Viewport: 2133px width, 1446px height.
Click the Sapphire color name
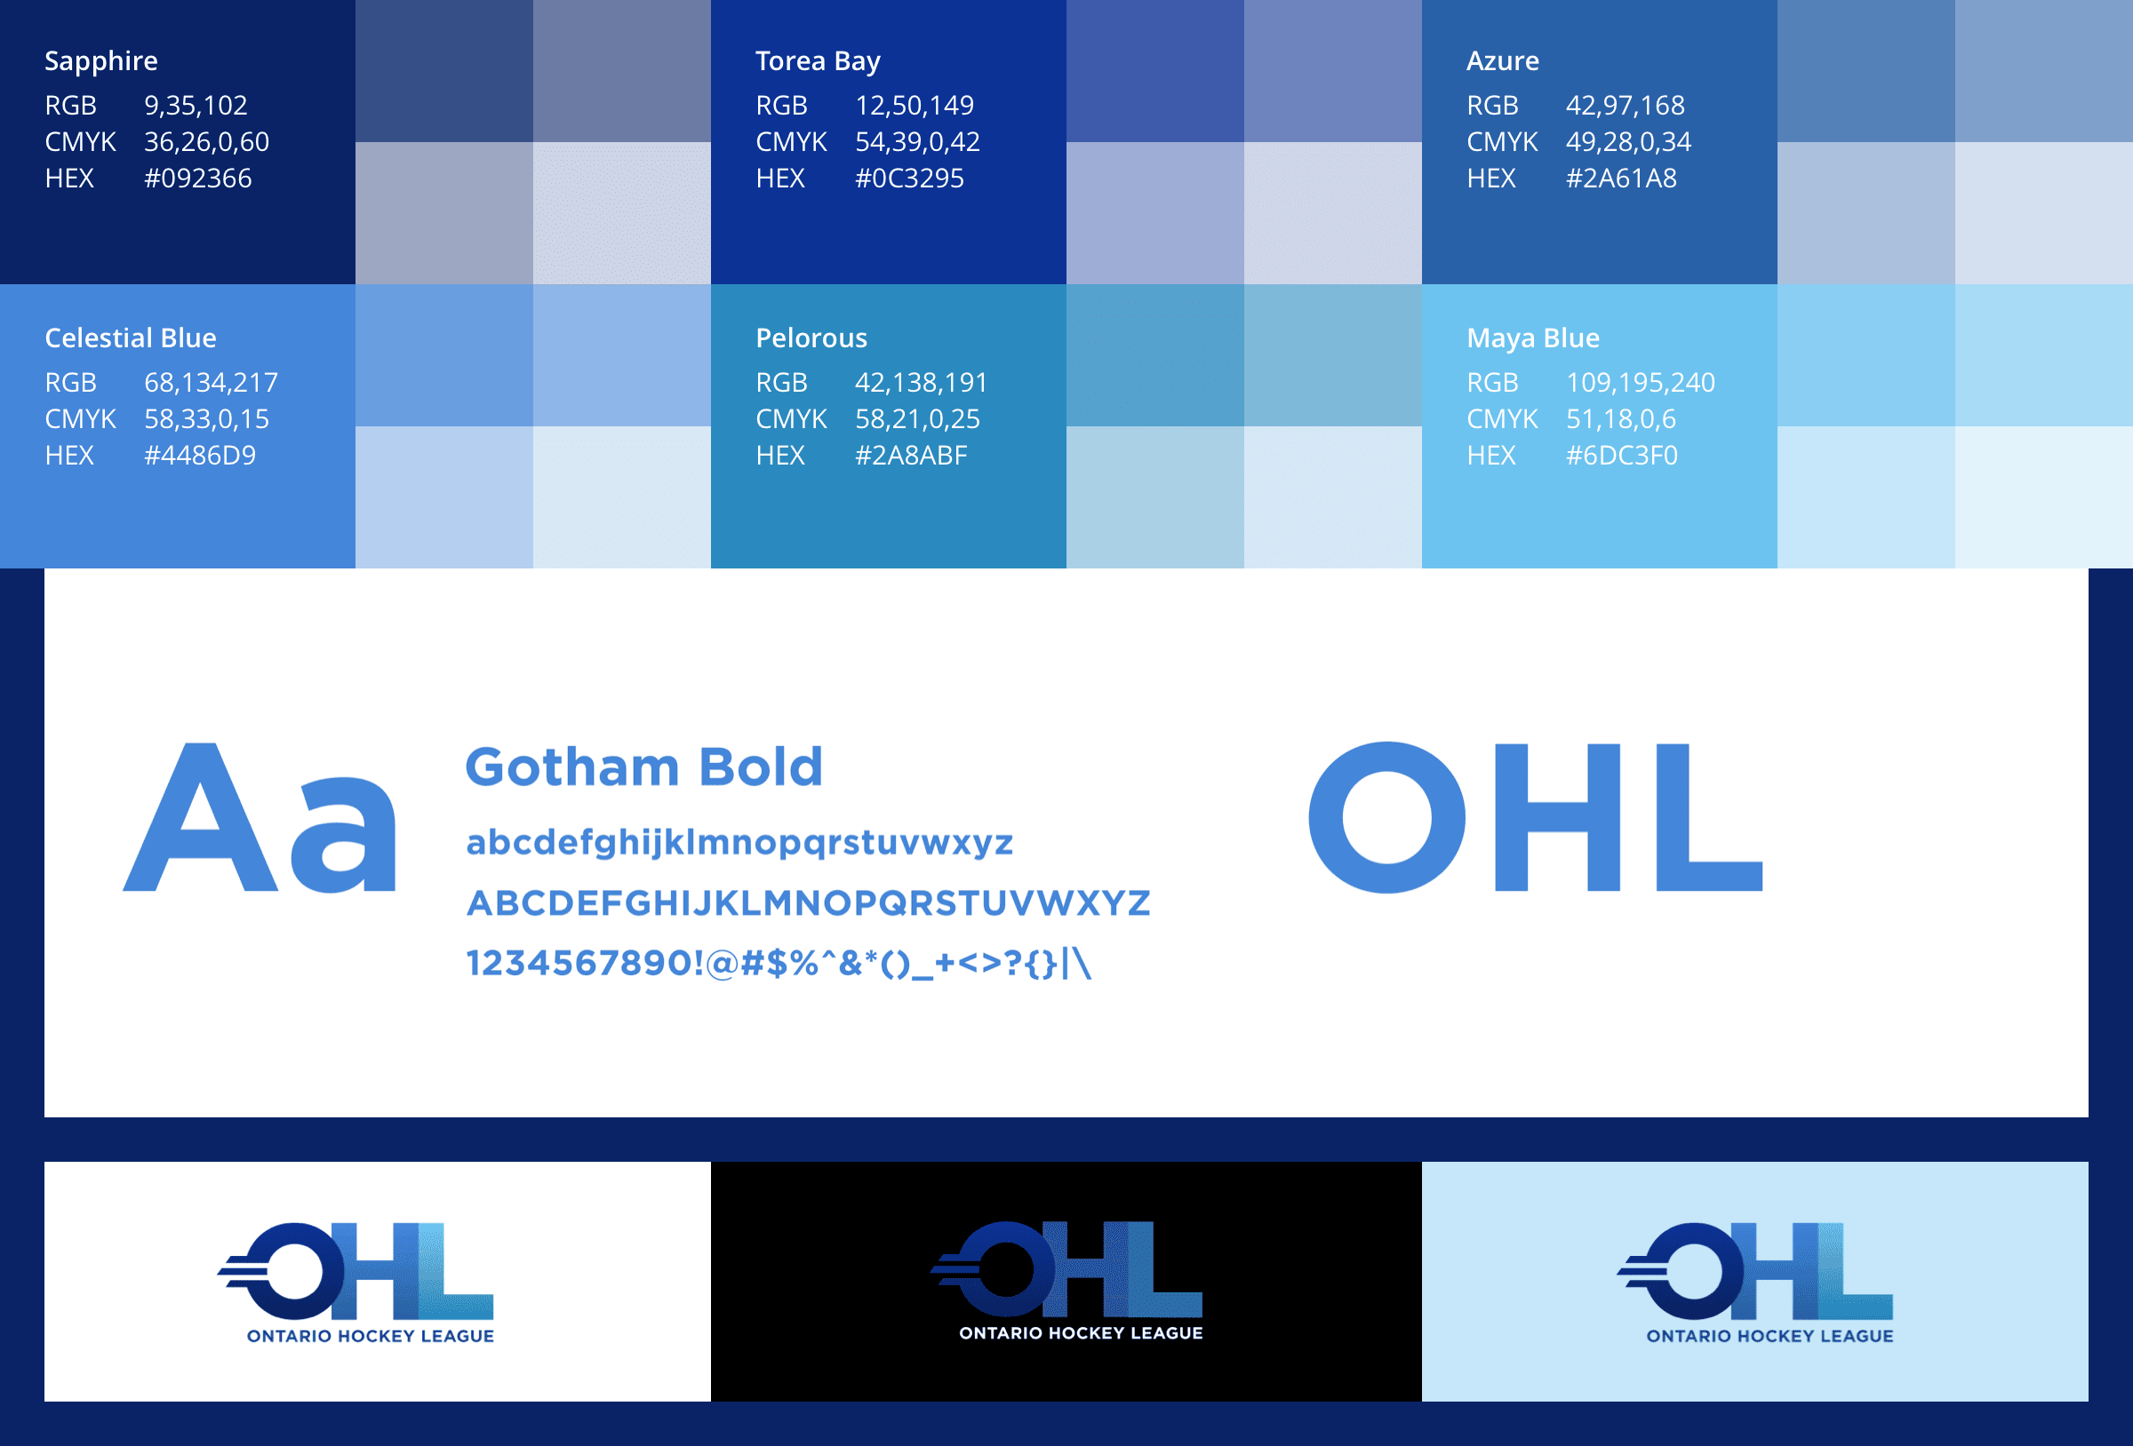tap(101, 60)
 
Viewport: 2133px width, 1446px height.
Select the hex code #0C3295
tap(909, 178)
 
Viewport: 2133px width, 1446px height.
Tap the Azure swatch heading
tap(1503, 60)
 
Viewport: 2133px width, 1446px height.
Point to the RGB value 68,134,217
tap(212, 383)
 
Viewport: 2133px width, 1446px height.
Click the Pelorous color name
tap(811, 338)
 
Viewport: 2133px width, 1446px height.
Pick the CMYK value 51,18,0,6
tap(1621, 419)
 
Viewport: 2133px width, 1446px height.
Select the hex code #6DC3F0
tap(1622, 456)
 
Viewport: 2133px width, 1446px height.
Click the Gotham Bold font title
tap(643, 767)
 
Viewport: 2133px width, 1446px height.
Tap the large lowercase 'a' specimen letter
tap(344, 834)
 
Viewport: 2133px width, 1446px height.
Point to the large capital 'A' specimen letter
tap(201, 816)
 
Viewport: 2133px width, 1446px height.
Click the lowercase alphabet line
tap(739, 842)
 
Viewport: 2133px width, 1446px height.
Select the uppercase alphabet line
tap(809, 902)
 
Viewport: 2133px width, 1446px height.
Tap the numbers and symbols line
tap(779, 964)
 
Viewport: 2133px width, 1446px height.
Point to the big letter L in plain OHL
tap(1709, 817)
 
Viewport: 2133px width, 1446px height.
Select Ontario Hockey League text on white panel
tap(371, 1336)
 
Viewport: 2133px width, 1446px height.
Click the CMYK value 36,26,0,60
tap(206, 142)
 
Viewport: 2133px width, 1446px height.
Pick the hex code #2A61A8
tap(1621, 178)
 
